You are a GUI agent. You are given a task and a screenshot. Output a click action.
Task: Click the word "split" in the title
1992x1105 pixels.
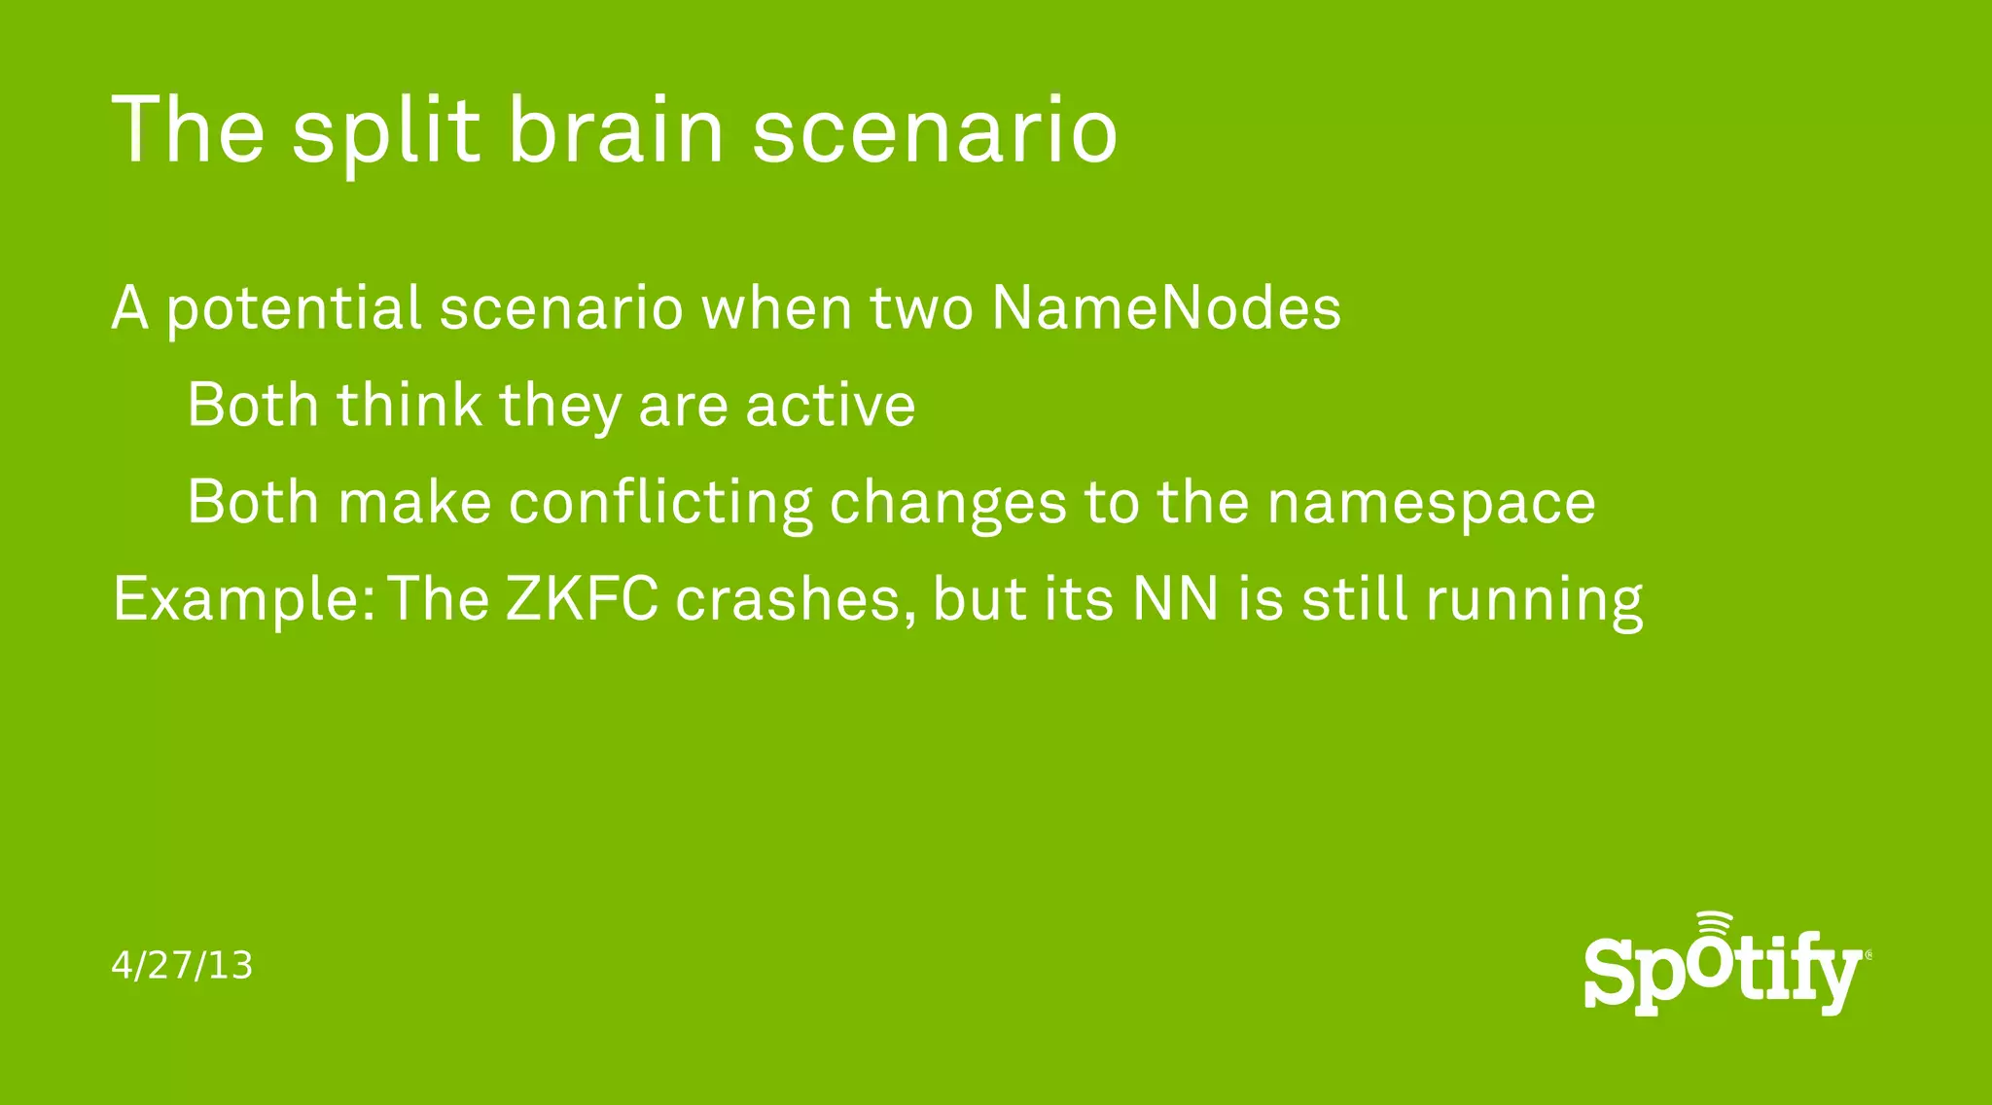(385, 131)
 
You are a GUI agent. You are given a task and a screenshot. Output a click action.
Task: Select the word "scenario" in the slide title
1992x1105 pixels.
(935, 131)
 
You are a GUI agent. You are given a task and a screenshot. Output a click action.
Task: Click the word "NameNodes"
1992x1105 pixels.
(1166, 308)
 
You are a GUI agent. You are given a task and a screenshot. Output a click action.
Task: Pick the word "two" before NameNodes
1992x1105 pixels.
(920, 309)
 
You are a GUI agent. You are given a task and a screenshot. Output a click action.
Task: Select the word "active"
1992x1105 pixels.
(830, 406)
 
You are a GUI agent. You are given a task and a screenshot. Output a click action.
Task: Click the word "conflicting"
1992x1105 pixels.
(660, 503)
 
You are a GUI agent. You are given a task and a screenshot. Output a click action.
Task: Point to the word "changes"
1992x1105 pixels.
(947, 503)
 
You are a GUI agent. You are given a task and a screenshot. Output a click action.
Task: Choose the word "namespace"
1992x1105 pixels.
(1431, 503)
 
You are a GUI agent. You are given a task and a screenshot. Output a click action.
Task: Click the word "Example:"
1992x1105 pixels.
(244, 599)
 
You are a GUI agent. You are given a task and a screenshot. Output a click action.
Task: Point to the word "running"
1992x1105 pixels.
(1534, 600)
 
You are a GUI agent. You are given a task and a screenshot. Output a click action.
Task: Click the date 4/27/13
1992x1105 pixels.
(182, 966)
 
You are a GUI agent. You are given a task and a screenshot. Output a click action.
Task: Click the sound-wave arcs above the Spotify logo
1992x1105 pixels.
(1714, 923)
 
